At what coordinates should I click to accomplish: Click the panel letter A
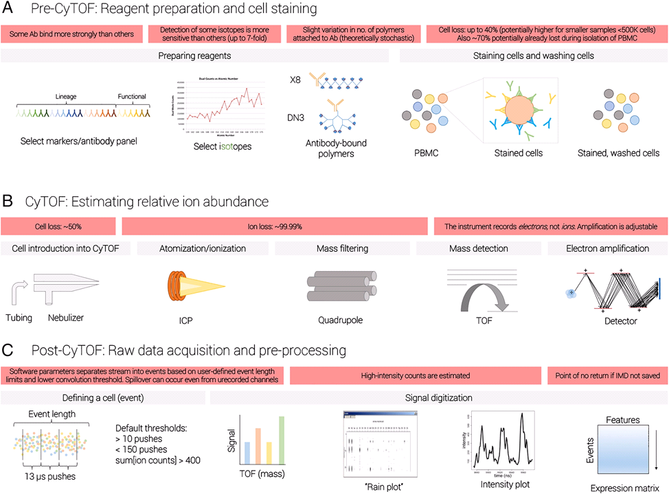[x=10, y=11]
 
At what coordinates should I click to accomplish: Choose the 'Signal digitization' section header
[x=438, y=399]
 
